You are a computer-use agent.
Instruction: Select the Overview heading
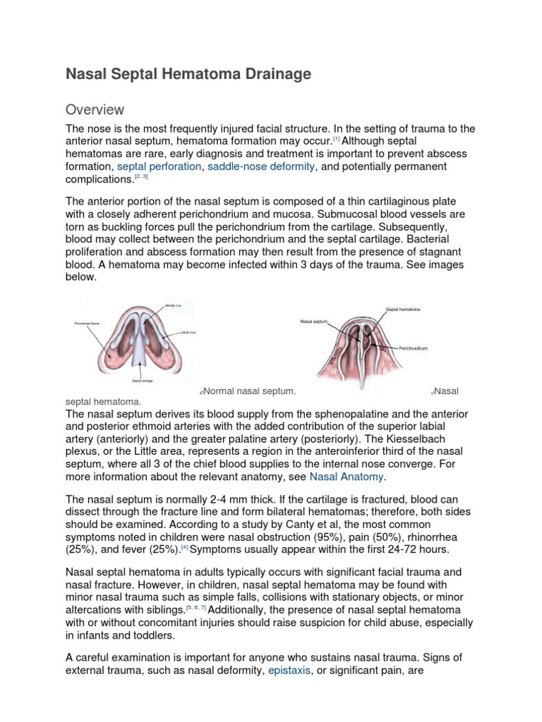point(95,110)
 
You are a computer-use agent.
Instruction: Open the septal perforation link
point(157,166)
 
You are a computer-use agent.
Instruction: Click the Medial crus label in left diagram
point(174,306)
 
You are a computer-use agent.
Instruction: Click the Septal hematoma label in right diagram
point(402,309)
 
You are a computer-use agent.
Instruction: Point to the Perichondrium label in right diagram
point(414,348)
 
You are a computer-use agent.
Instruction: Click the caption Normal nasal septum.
point(249,391)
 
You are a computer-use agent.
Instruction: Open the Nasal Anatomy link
point(347,477)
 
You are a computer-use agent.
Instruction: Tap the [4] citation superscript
point(184,547)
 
